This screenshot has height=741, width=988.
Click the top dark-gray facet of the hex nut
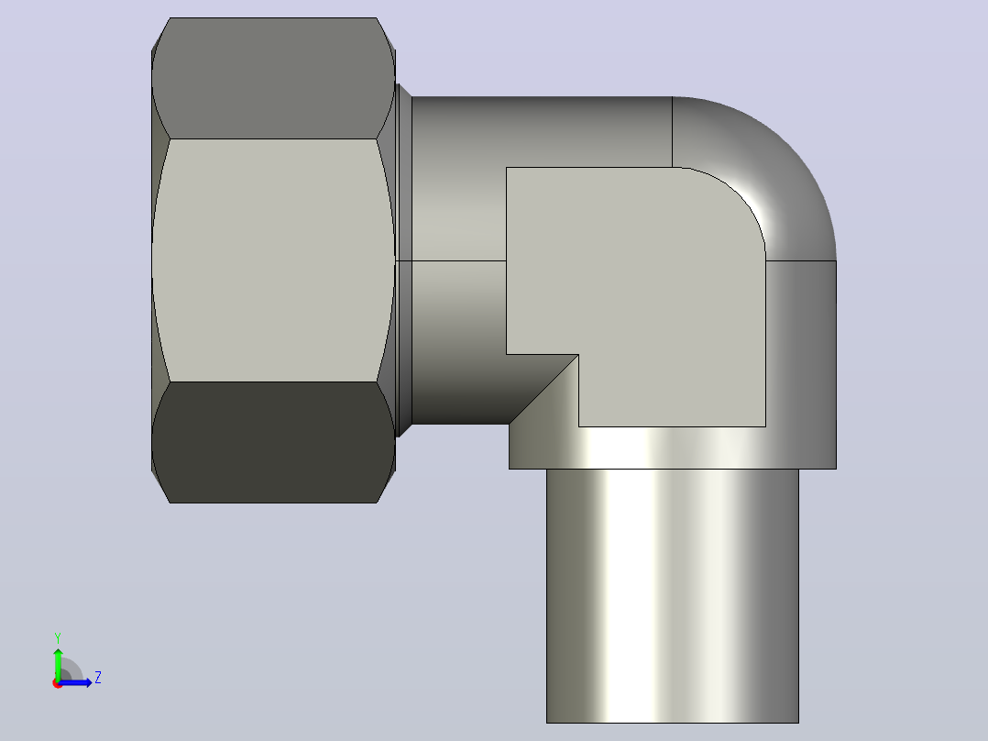pos(273,78)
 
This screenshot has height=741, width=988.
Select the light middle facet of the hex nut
pos(273,260)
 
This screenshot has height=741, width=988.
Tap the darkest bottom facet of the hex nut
pos(273,441)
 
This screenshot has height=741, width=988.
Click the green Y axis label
pos(58,638)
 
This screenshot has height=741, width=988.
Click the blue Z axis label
pos(98,678)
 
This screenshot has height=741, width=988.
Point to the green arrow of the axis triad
pos(58,663)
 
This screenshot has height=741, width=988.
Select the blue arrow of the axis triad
pos(75,682)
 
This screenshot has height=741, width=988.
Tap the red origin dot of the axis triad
pos(57,683)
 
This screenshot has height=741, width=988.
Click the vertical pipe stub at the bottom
pos(673,596)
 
